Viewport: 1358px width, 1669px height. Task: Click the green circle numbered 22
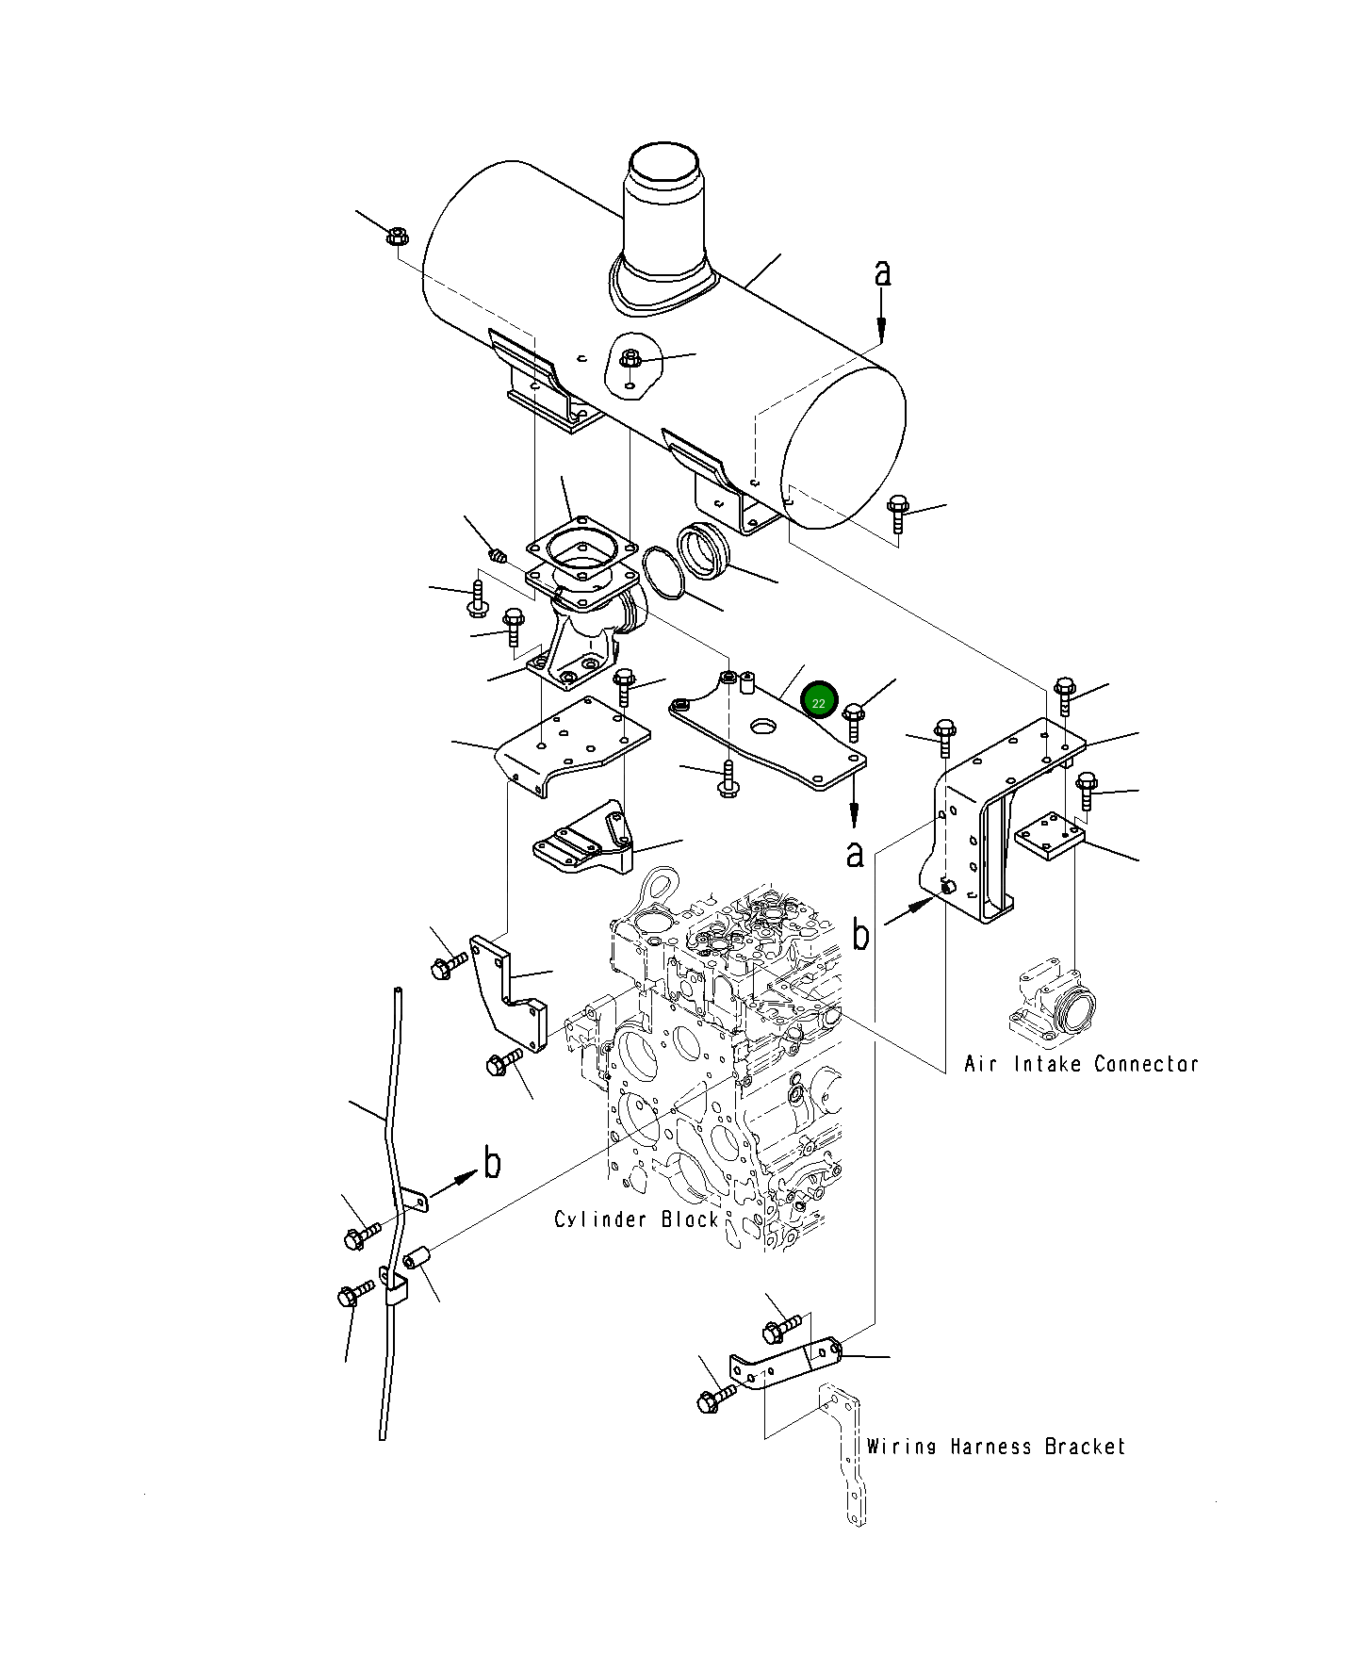[x=818, y=702]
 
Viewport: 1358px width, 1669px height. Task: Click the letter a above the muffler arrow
[x=881, y=272]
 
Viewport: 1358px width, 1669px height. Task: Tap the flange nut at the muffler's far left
[x=396, y=236]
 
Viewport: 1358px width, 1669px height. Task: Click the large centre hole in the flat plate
[x=762, y=726]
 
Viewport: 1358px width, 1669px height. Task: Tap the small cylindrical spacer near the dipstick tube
[x=417, y=1257]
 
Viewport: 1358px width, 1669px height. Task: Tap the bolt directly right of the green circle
[x=854, y=720]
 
